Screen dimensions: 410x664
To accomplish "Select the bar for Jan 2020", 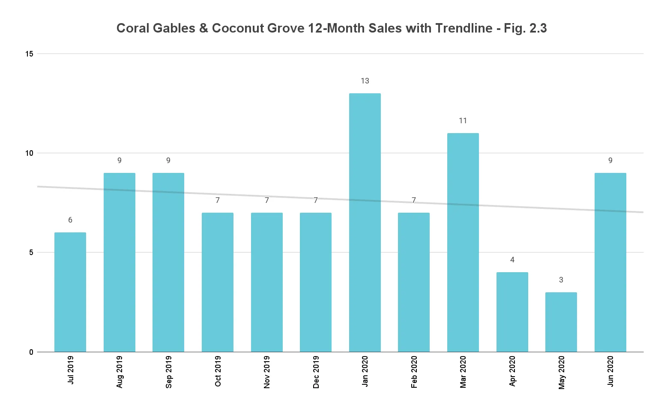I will (x=365, y=223).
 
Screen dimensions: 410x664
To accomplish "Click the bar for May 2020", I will (x=561, y=322).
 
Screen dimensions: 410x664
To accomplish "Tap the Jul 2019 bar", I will (x=70, y=292).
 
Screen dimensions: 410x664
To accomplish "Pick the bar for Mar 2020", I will (x=463, y=242).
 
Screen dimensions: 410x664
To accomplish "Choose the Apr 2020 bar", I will (x=512, y=312).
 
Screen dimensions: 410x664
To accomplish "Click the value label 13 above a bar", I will (x=365, y=81).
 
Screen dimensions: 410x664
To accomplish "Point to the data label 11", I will (x=463, y=121).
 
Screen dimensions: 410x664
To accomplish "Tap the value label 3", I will (x=561, y=280).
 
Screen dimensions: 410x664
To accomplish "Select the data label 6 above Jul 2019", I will (x=70, y=220).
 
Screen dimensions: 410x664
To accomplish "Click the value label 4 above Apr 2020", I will (x=512, y=260).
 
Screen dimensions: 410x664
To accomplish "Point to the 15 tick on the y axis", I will (x=29, y=54).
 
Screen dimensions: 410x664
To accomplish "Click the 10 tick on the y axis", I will (x=29, y=153).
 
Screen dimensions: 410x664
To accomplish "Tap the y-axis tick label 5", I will (x=31, y=253).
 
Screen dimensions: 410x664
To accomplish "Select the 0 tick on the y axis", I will (x=31, y=352).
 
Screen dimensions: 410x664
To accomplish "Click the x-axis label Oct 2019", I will (x=218, y=371).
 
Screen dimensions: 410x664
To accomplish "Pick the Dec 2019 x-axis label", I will (x=316, y=372).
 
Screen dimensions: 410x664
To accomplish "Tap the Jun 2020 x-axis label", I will (x=610, y=371).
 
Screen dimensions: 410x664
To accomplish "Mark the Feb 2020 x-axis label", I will (x=414, y=371).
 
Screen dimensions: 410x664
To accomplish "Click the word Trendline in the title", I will (x=464, y=28).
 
